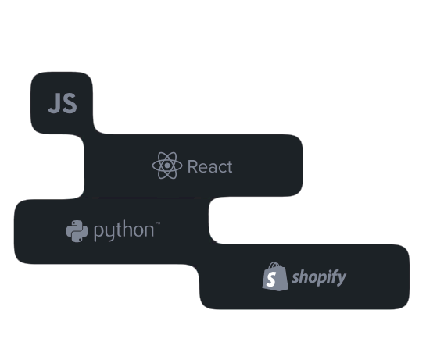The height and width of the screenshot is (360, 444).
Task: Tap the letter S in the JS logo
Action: click(70, 104)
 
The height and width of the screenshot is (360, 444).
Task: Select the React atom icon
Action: click(167, 166)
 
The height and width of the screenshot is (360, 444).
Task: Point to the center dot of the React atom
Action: click(167, 166)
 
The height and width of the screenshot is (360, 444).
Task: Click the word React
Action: click(209, 166)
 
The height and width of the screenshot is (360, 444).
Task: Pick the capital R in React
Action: click(192, 166)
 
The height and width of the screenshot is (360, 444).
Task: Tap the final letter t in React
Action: click(229, 166)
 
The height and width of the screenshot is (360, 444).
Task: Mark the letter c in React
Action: click(220, 168)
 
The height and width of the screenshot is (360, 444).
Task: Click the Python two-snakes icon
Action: click(77, 231)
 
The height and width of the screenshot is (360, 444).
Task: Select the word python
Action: click(124, 231)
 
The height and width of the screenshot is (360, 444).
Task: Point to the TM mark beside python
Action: click(158, 223)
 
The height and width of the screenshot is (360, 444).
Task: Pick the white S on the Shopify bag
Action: click(271, 279)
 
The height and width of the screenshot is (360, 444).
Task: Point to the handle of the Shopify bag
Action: click(274, 266)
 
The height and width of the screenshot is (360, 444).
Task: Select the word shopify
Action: click(319, 278)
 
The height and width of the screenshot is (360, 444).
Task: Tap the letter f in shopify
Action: click(333, 277)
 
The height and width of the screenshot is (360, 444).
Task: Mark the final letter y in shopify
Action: click(342, 280)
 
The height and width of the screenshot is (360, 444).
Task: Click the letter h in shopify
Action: click(303, 276)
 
